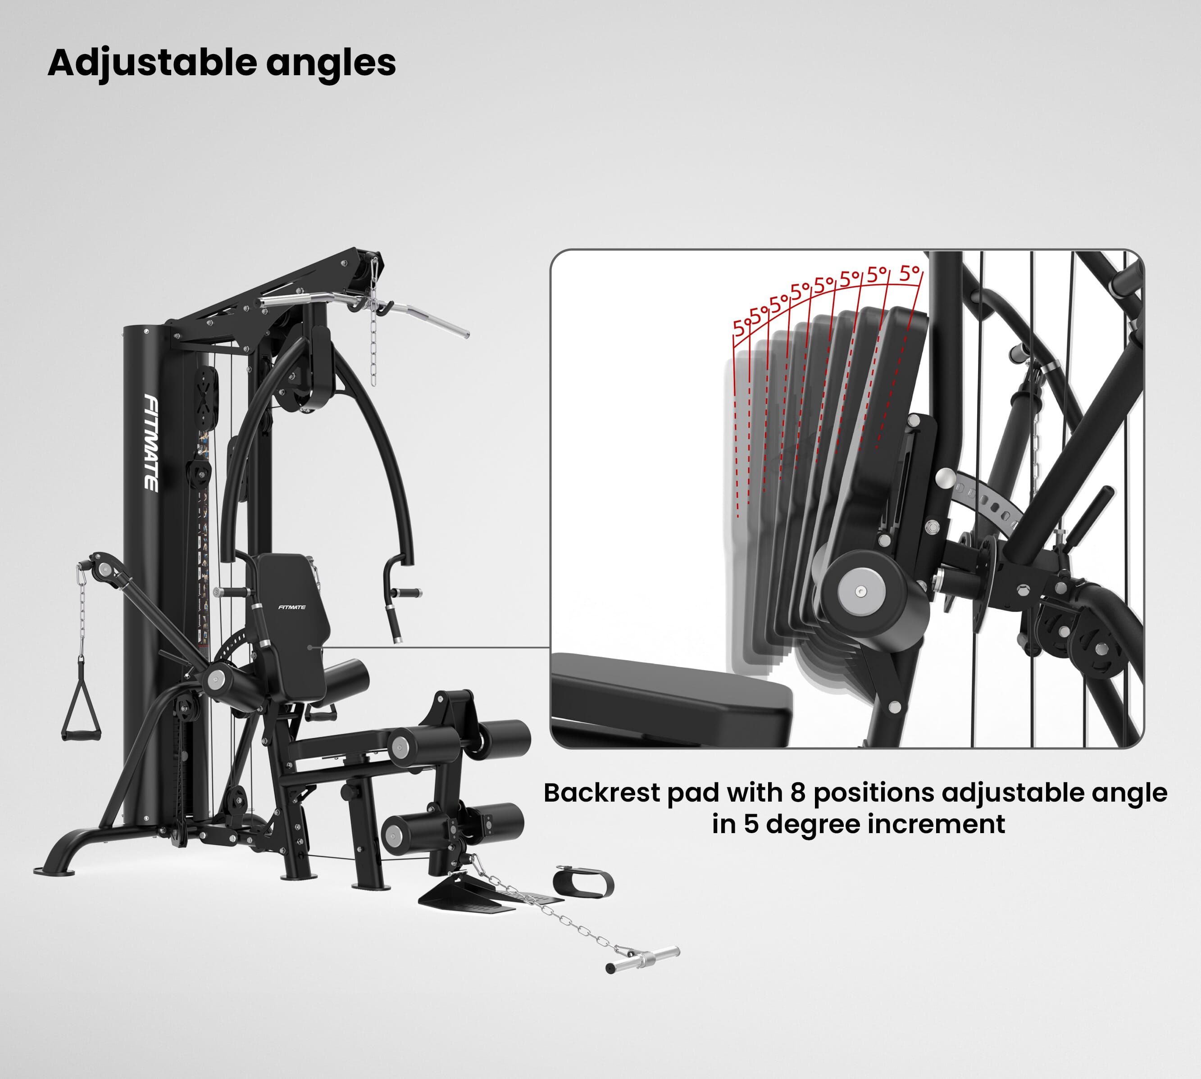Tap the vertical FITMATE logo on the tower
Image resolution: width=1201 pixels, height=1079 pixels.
click(152, 443)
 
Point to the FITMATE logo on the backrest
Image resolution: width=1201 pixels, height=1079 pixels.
click(292, 607)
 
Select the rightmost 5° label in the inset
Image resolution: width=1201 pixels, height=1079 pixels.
click(909, 273)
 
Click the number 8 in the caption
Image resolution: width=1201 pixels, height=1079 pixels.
click(798, 793)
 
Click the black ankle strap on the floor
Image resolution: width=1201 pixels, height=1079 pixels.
click(583, 882)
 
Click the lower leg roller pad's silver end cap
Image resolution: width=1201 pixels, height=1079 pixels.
click(394, 835)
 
